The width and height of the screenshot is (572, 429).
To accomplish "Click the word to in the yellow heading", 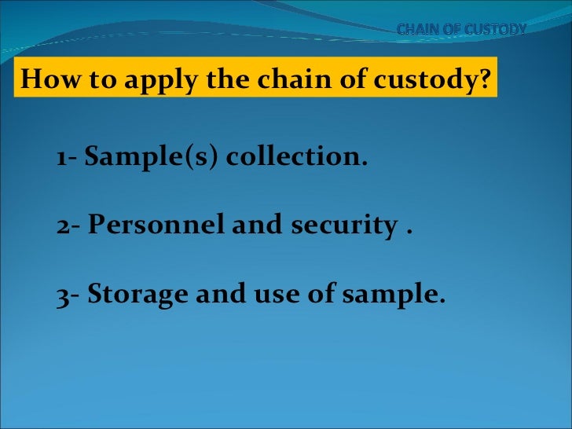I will (x=88, y=79).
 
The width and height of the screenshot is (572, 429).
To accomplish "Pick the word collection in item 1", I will (x=296, y=158).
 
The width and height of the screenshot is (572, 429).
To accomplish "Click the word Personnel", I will (x=155, y=226).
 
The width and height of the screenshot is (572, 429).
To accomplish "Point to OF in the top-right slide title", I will (x=456, y=30).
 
